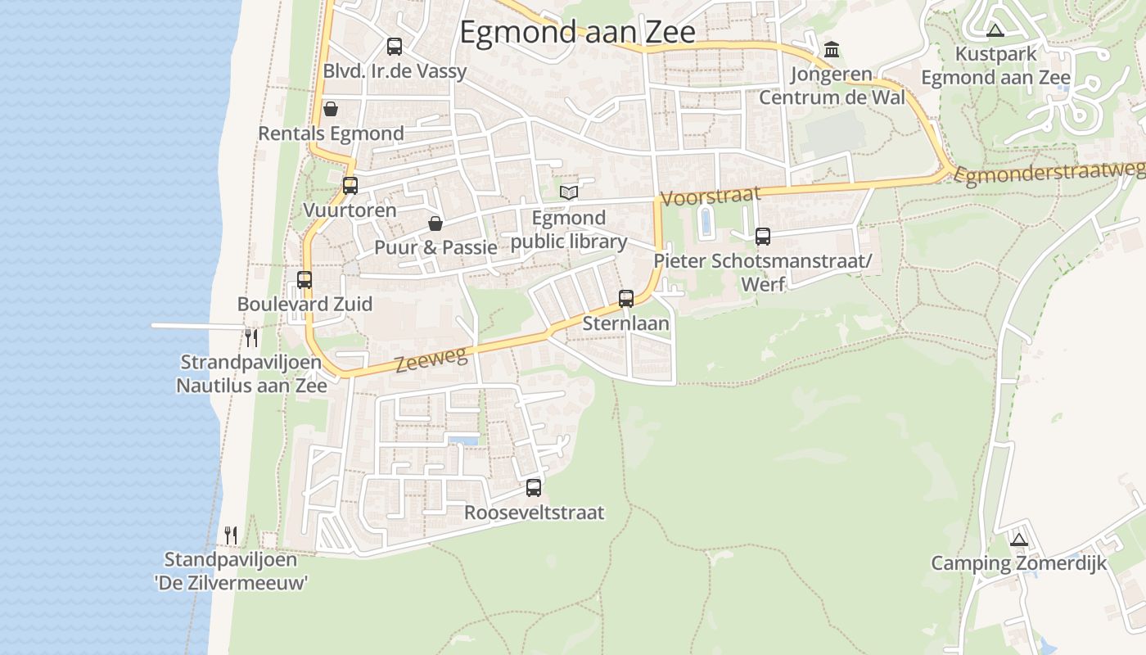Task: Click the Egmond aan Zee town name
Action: (577, 32)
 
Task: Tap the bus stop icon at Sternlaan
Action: (626, 299)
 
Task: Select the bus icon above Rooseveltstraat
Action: (534, 488)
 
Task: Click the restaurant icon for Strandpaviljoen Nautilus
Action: (251, 337)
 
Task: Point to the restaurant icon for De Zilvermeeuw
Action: (231, 535)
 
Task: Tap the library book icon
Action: (569, 192)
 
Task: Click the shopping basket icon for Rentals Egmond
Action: (331, 109)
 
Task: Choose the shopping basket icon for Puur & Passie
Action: (435, 224)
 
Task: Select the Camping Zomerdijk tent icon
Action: (1018, 540)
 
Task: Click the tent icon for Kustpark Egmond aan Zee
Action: (995, 31)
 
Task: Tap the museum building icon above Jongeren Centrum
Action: (832, 50)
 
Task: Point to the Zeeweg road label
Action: (431, 359)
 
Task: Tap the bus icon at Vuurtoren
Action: (350, 186)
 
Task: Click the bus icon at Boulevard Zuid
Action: (305, 280)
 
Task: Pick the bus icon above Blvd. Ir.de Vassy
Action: (395, 47)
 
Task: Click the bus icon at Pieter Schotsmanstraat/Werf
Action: (763, 237)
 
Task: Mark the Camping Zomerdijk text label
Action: (1018, 563)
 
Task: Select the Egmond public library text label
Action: (569, 230)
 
